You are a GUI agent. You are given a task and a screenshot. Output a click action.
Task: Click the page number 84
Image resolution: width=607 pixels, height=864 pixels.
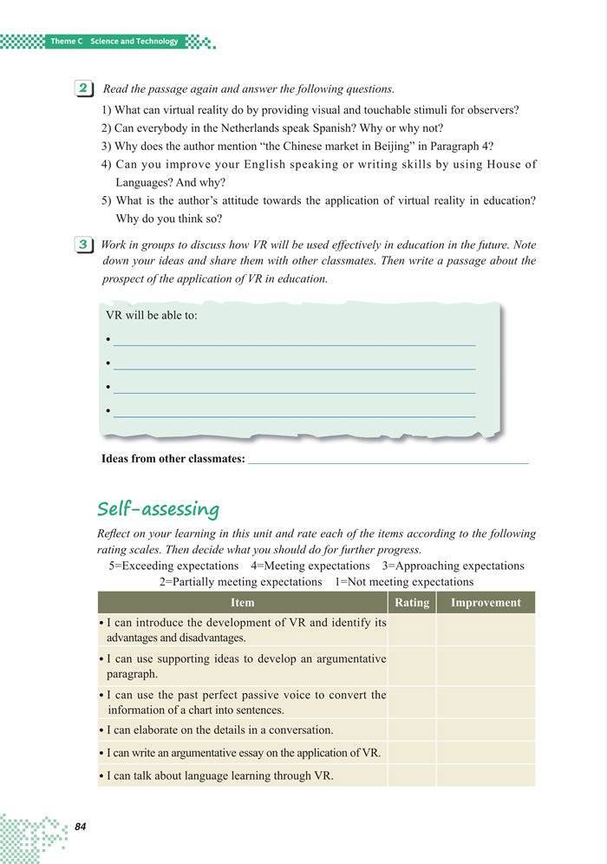point(81,827)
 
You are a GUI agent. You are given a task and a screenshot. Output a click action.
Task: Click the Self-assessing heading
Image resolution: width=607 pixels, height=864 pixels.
point(158,508)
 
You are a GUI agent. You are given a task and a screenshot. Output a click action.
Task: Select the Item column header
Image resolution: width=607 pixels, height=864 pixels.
point(243,603)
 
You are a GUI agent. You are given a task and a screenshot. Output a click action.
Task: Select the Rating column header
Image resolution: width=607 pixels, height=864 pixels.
point(412,603)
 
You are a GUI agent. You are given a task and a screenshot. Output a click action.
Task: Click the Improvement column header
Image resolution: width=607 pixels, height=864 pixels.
point(486,603)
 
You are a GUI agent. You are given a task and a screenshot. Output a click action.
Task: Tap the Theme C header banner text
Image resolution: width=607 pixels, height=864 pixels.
point(114,42)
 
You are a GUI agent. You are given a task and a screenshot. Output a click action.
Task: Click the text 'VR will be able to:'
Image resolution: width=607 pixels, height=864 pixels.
point(151,315)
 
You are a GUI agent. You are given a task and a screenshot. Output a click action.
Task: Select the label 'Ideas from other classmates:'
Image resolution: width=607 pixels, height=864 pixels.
point(173,459)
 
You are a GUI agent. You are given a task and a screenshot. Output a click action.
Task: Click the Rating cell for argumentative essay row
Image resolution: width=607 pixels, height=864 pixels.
point(412,752)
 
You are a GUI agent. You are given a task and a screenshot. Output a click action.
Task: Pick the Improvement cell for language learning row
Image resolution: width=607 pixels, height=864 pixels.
point(486,775)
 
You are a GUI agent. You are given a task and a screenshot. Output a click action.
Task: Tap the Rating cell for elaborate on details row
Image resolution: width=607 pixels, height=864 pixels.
point(412,730)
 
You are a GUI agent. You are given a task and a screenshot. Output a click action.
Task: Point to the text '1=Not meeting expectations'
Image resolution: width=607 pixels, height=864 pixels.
point(404,582)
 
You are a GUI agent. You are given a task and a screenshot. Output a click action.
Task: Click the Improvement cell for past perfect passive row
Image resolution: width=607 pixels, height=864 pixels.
point(486,702)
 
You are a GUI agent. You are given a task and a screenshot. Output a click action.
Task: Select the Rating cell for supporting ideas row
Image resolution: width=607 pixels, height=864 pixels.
point(412,665)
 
